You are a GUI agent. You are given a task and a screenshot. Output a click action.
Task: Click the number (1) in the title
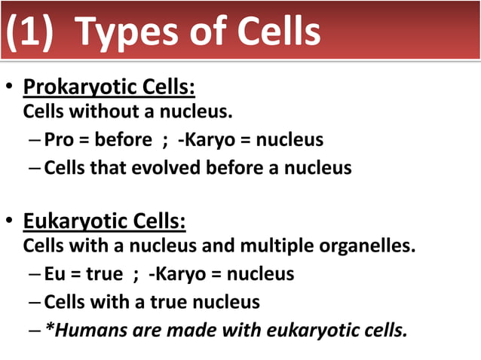(30, 32)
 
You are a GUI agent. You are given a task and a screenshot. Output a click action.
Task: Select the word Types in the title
(128, 32)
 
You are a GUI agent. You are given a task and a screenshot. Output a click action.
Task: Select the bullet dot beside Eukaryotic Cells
(11, 223)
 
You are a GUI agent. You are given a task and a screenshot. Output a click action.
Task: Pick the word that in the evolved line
(112, 167)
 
